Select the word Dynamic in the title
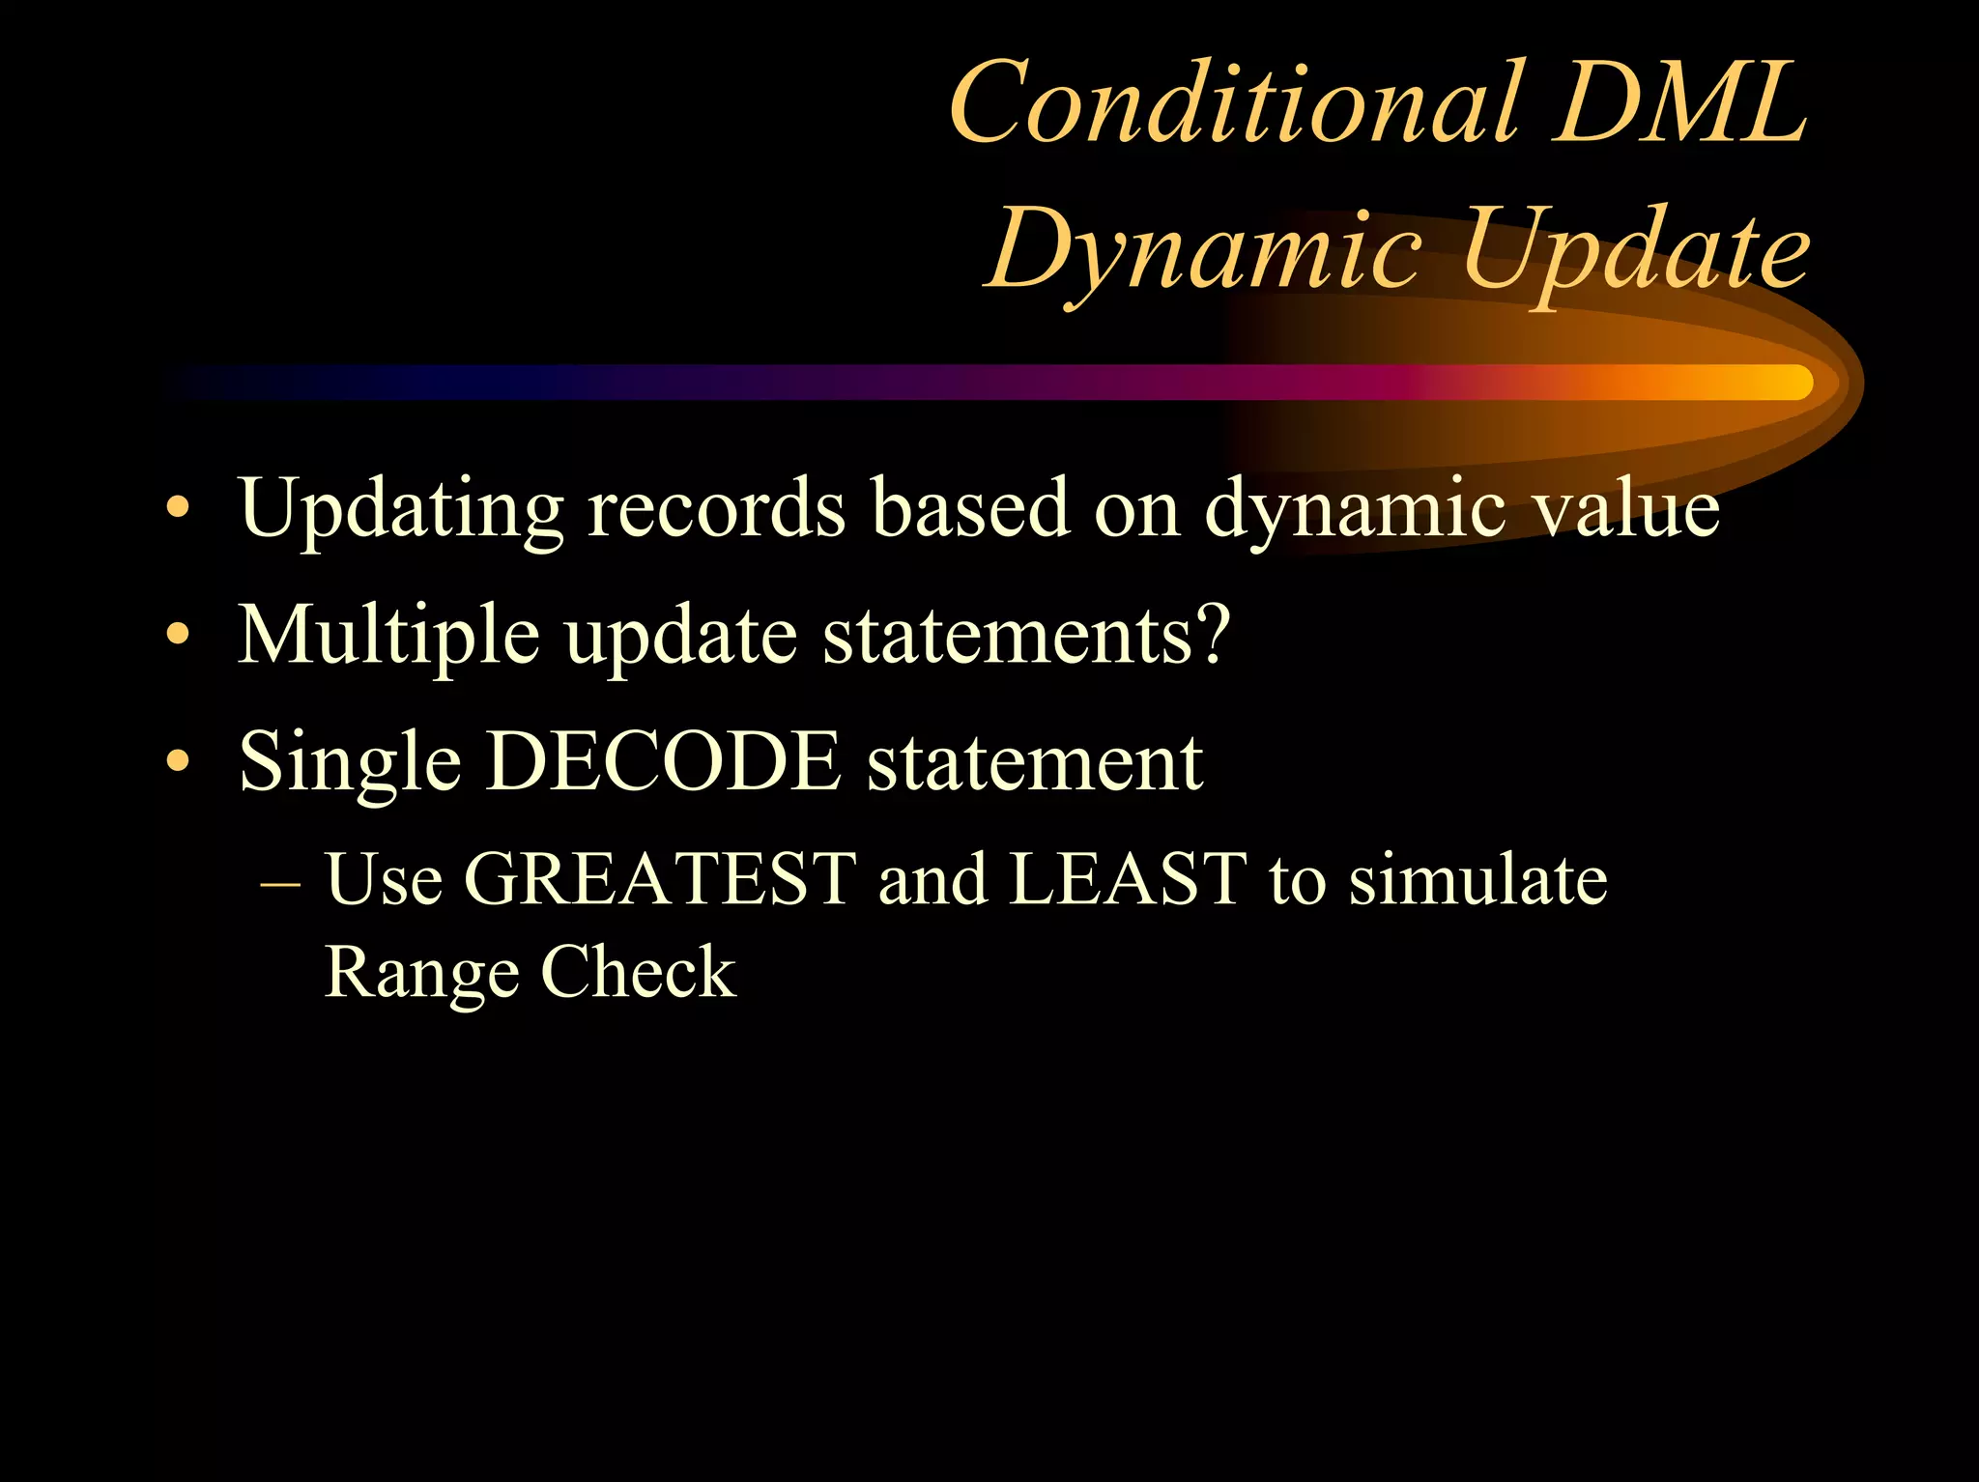click(x=1203, y=251)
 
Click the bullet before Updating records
click(x=177, y=508)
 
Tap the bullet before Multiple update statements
click(x=177, y=636)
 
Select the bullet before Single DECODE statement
click(x=177, y=762)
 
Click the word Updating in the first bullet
click(x=400, y=510)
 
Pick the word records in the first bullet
click(x=716, y=508)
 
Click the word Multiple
click(x=387, y=637)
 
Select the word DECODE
click(x=663, y=762)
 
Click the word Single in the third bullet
click(x=350, y=764)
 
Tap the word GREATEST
click(x=660, y=879)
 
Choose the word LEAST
click(x=1127, y=879)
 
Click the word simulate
click(x=1477, y=879)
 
